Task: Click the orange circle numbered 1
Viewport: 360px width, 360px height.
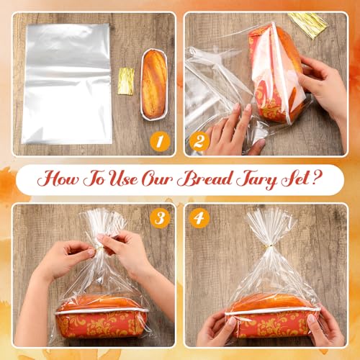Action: [x=160, y=141]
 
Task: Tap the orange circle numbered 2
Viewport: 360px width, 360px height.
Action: [x=199, y=141]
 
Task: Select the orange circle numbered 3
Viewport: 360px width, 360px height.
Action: [x=160, y=218]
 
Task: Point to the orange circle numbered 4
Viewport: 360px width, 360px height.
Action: [x=199, y=218]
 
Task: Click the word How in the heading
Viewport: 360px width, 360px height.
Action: [x=58, y=179]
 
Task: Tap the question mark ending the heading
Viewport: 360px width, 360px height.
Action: [x=318, y=177]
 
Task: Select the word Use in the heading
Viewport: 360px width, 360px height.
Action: [x=124, y=179]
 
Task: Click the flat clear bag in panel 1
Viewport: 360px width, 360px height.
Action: [x=67, y=84]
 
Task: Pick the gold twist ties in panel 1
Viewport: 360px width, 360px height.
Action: [x=126, y=81]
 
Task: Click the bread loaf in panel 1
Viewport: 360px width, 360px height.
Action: [x=154, y=84]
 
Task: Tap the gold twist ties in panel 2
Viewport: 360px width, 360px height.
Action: [x=309, y=25]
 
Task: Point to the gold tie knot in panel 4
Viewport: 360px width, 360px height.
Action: [x=269, y=246]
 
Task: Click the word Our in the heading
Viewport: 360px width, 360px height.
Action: [x=157, y=179]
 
